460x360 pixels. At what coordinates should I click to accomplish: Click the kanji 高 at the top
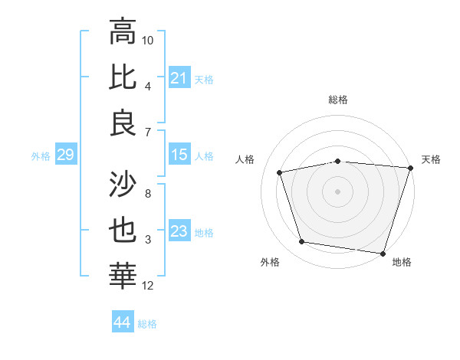pos(123,32)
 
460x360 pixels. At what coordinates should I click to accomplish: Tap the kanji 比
pos(123,77)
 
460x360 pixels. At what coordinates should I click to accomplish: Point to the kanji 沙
pos(123,185)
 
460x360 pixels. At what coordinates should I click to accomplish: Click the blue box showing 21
pos(179,78)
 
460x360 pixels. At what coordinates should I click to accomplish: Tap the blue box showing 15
pos(179,155)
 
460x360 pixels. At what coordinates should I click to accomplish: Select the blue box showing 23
pos(179,231)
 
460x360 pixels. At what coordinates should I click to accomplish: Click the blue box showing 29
pos(65,155)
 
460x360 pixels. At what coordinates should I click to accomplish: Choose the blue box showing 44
pos(122,322)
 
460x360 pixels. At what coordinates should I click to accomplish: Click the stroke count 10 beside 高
pos(148,40)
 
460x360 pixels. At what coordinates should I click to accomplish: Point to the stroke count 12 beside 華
pos(148,286)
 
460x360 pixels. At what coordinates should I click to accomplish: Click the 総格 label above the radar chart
pos(338,100)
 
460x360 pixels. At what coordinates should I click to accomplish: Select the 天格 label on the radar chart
pos(432,159)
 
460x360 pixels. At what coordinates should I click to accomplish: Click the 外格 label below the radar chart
pos(270,263)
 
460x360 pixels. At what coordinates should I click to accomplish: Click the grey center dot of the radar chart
pos(338,191)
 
